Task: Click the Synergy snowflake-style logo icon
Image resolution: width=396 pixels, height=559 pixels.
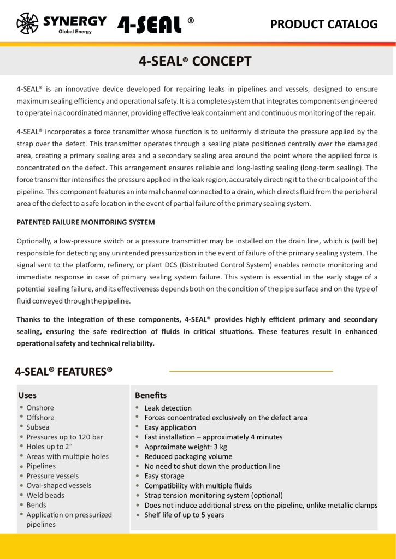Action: (x=27, y=23)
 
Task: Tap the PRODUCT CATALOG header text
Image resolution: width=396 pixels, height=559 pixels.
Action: (x=324, y=24)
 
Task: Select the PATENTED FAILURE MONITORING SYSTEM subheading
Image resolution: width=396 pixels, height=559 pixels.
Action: (x=86, y=222)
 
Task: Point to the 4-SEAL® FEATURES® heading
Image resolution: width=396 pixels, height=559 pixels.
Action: (x=63, y=372)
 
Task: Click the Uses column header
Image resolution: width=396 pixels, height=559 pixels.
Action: (x=27, y=395)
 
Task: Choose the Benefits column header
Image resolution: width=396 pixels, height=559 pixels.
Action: (x=151, y=395)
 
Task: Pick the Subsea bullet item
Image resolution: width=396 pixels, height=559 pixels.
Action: (x=38, y=427)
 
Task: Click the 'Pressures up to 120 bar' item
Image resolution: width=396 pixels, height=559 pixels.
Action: (x=64, y=437)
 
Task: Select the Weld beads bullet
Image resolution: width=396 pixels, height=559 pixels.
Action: (x=45, y=495)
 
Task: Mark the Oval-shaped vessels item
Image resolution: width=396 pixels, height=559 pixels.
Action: (x=59, y=485)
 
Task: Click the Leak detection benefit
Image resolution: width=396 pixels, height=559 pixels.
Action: (x=168, y=408)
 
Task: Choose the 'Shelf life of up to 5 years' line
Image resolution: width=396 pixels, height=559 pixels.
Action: (x=184, y=515)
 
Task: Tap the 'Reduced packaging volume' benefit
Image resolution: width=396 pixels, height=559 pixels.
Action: (x=188, y=456)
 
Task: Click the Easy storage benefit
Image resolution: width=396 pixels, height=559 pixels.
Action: (x=164, y=476)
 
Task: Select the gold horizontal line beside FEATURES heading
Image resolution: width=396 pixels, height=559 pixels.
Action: (x=251, y=371)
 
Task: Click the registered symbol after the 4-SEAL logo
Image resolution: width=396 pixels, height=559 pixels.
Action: (x=191, y=21)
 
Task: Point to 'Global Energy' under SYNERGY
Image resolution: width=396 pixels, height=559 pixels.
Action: (x=75, y=32)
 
